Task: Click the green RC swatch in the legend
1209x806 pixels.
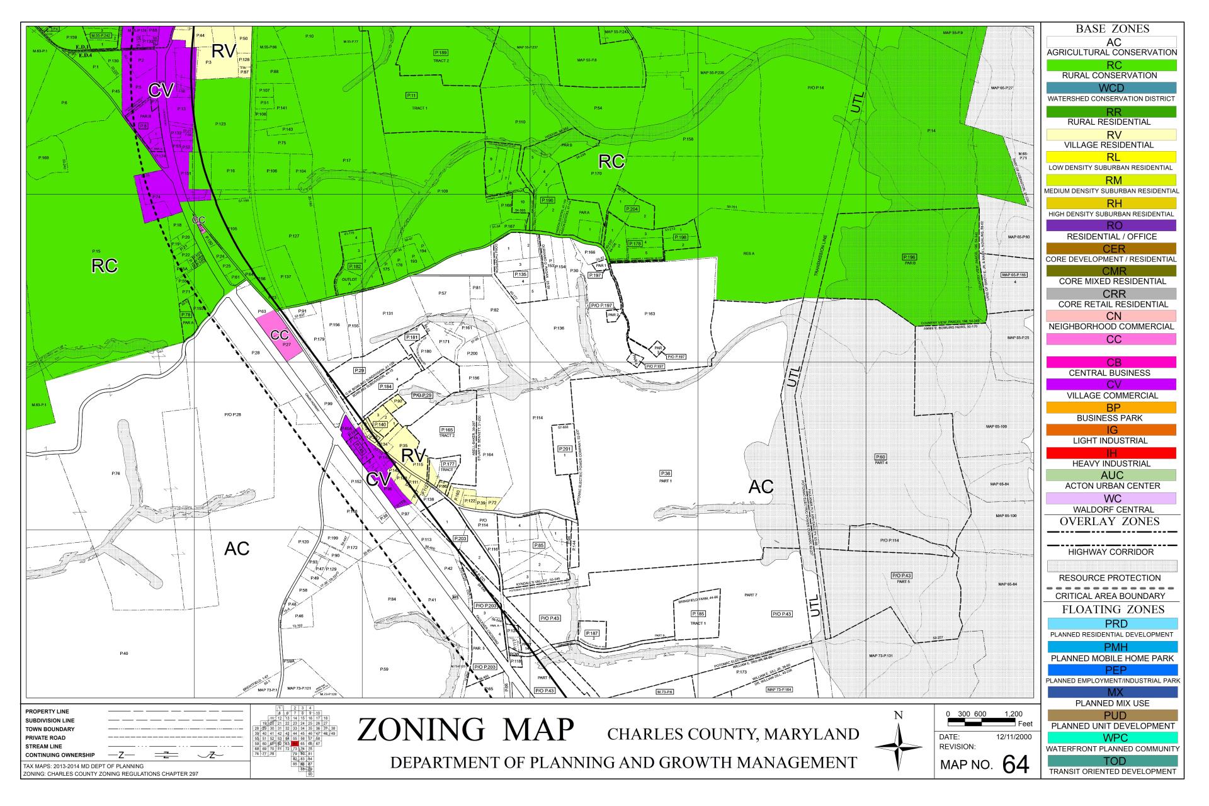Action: [1111, 65]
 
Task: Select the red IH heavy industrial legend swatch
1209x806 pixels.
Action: [1111, 453]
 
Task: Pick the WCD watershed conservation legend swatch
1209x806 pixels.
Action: [1111, 88]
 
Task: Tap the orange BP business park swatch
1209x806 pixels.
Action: [1111, 407]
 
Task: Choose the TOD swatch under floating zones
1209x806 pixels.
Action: [1111, 761]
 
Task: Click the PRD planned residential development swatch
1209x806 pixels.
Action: [1111, 623]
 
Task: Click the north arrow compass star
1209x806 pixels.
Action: [898, 746]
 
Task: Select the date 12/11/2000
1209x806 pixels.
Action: [1009, 737]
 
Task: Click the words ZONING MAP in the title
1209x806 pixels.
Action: [465, 730]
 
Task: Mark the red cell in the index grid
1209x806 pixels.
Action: [295, 744]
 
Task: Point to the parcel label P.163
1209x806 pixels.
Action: [650, 314]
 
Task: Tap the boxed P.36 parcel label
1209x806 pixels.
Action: [666, 473]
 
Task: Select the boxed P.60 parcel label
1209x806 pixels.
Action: [880, 457]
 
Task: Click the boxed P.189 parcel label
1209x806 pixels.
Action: [441, 52]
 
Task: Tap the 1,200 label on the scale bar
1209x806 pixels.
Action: [1014, 713]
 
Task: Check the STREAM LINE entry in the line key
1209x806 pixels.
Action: [43, 746]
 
